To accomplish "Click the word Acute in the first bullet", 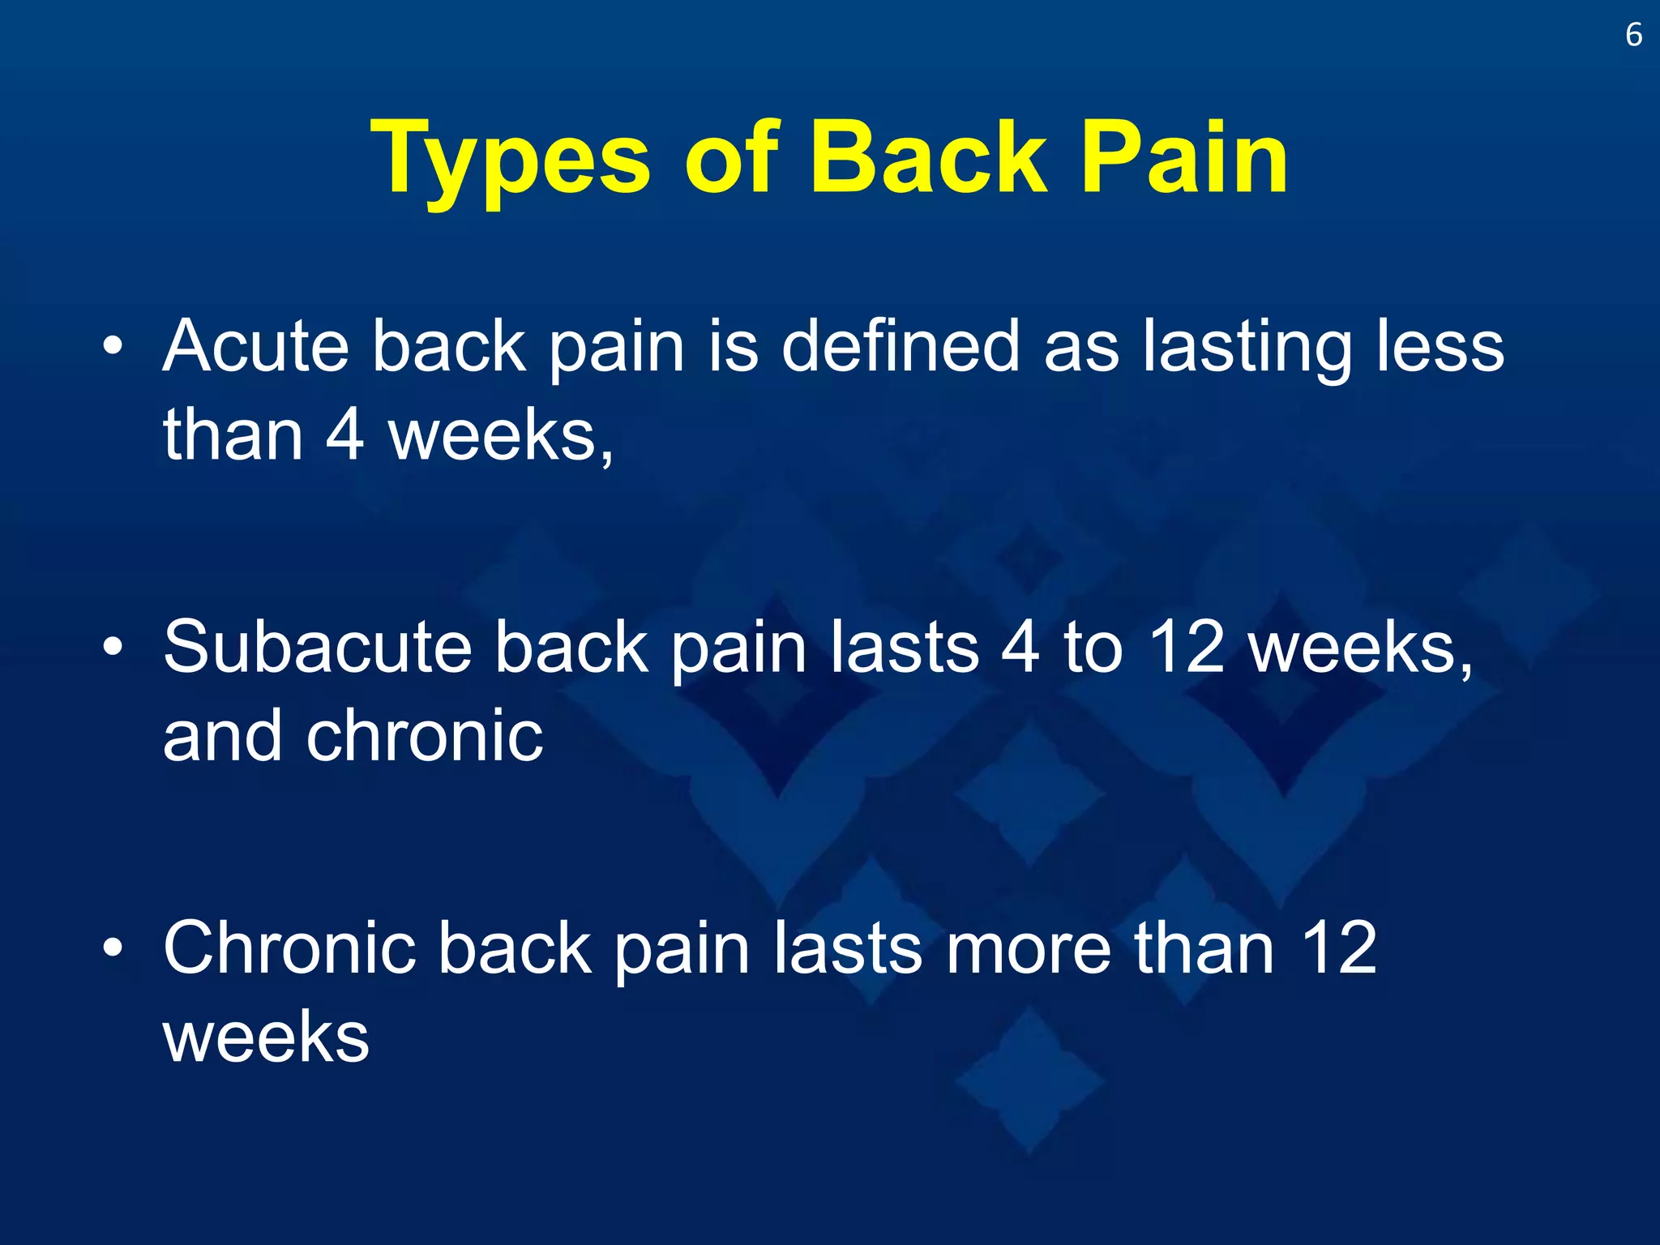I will click(256, 347).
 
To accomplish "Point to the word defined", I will click(901, 347).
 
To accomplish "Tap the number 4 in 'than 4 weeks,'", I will click(344, 436).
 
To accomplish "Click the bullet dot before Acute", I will click(113, 348).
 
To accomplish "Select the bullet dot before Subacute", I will click(113, 648).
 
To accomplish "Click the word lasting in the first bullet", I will click(1247, 347).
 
